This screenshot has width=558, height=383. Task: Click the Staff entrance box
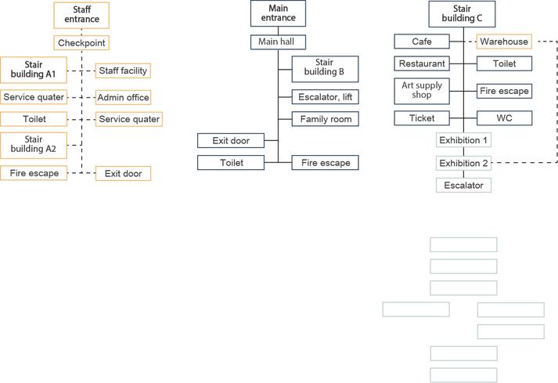(x=81, y=15)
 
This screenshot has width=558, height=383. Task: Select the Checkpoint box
(x=81, y=43)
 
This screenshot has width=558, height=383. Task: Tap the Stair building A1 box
(x=34, y=70)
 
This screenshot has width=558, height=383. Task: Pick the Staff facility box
(x=123, y=70)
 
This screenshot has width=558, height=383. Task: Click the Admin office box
(x=123, y=97)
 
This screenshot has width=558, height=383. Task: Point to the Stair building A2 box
(x=34, y=146)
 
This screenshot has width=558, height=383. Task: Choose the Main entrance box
(x=278, y=13)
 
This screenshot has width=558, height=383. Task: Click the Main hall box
(x=278, y=42)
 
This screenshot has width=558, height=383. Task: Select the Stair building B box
(x=325, y=69)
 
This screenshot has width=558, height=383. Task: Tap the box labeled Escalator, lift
(x=325, y=97)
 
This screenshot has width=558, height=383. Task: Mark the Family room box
(x=325, y=119)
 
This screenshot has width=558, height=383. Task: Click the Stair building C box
(x=462, y=14)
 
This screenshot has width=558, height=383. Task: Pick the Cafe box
(x=422, y=42)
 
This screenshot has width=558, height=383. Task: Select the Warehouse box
(x=504, y=42)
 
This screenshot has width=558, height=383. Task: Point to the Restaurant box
(x=422, y=63)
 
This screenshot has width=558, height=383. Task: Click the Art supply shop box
(x=422, y=91)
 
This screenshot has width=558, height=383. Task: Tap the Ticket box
(x=422, y=118)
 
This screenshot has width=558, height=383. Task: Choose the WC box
(x=504, y=118)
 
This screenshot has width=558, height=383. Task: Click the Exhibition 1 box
(x=463, y=140)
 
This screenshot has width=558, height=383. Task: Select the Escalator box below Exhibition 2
(x=463, y=186)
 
